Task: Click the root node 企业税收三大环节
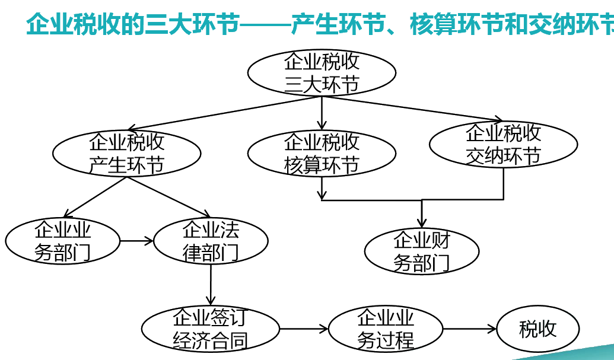click(x=322, y=72)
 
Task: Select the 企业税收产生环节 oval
click(x=127, y=154)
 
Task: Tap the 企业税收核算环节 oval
click(x=322, y=154)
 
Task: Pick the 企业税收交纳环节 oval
click(x=503, y=144)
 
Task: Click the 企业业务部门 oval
click(x=62, y=241)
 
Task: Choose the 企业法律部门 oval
click(x=211, y=241)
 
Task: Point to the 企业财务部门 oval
click(x=421, y=251)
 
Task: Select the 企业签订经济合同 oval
click(x=210, y=329)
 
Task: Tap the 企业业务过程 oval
click(x=386, y=329)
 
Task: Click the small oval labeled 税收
click(x=537, y=329)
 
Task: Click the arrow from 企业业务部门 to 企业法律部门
click(x=136, y=241)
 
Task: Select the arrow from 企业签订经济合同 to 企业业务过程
click(x=304, y=329)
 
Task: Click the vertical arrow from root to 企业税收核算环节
click(x=322, y=113)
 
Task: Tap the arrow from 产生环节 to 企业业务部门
click(x=95, y=197)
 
